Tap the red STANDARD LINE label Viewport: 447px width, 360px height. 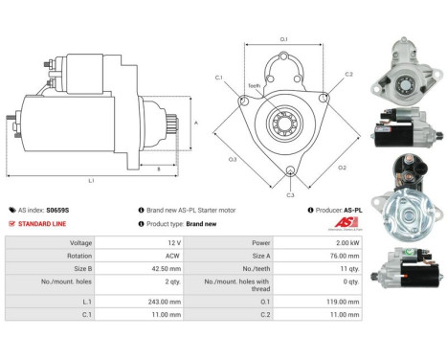tap(42, 223)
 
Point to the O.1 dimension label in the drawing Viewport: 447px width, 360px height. tap(284, 39)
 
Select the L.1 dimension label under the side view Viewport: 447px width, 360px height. tap(90, 180)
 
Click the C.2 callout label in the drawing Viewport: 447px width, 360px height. tap(349, 74)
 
